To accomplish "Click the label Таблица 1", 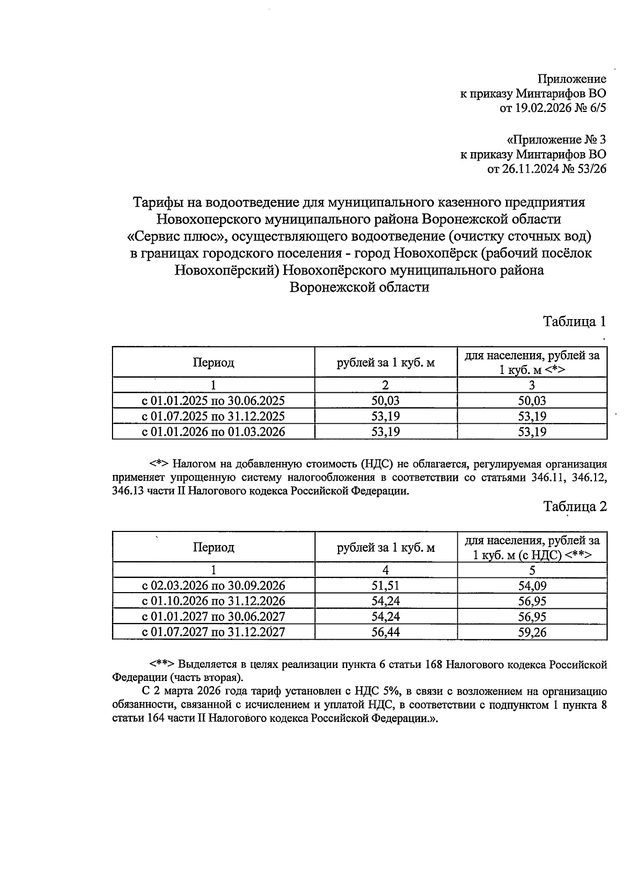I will click(575, 321).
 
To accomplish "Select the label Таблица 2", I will click(575, 506).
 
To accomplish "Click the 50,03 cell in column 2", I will click(386, 401).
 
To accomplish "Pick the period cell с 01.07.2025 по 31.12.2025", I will click(214, 416).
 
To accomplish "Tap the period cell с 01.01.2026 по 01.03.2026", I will click(214, 432).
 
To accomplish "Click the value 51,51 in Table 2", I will click(386, 586).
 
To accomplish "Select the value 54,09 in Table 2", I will click(532, 586).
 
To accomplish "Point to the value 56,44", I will click(386, 632).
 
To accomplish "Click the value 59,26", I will click(532, 632).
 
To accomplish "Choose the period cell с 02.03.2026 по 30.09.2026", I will click(214, 586).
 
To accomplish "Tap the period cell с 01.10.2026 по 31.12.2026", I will click(214, 601).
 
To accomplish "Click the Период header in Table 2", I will click(214, 547).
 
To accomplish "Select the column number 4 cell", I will click(386, 570).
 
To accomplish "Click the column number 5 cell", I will click(532, 570).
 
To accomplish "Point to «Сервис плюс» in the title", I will click(176, 236).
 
